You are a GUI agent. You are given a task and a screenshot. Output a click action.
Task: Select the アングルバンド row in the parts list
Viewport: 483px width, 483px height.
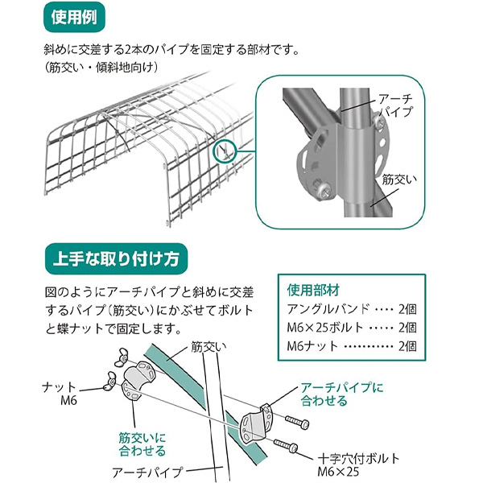click(x=352, y=308)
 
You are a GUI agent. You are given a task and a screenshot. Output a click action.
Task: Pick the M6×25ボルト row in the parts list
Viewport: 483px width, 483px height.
click(x=352, y=327)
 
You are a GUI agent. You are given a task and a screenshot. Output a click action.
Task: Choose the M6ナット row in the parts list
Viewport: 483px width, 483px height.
click(x=352, y=346)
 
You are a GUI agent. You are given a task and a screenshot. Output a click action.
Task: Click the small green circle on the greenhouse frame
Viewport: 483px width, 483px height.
click(x=224, y=150)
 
